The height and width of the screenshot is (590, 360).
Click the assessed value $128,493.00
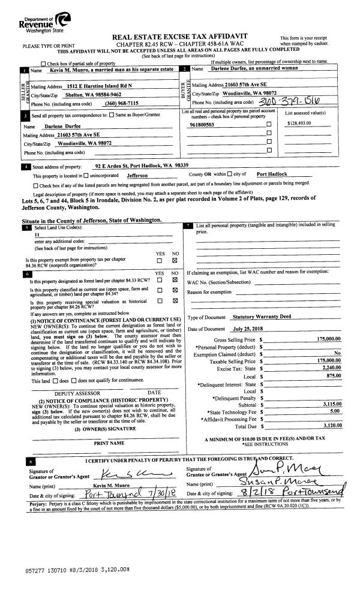(x=301, y=124)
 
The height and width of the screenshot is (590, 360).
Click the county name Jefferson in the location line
(x=137, y=174)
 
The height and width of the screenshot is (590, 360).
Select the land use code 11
(x=37, y=236)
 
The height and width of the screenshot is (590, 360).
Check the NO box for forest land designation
(x=175, y=280)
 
